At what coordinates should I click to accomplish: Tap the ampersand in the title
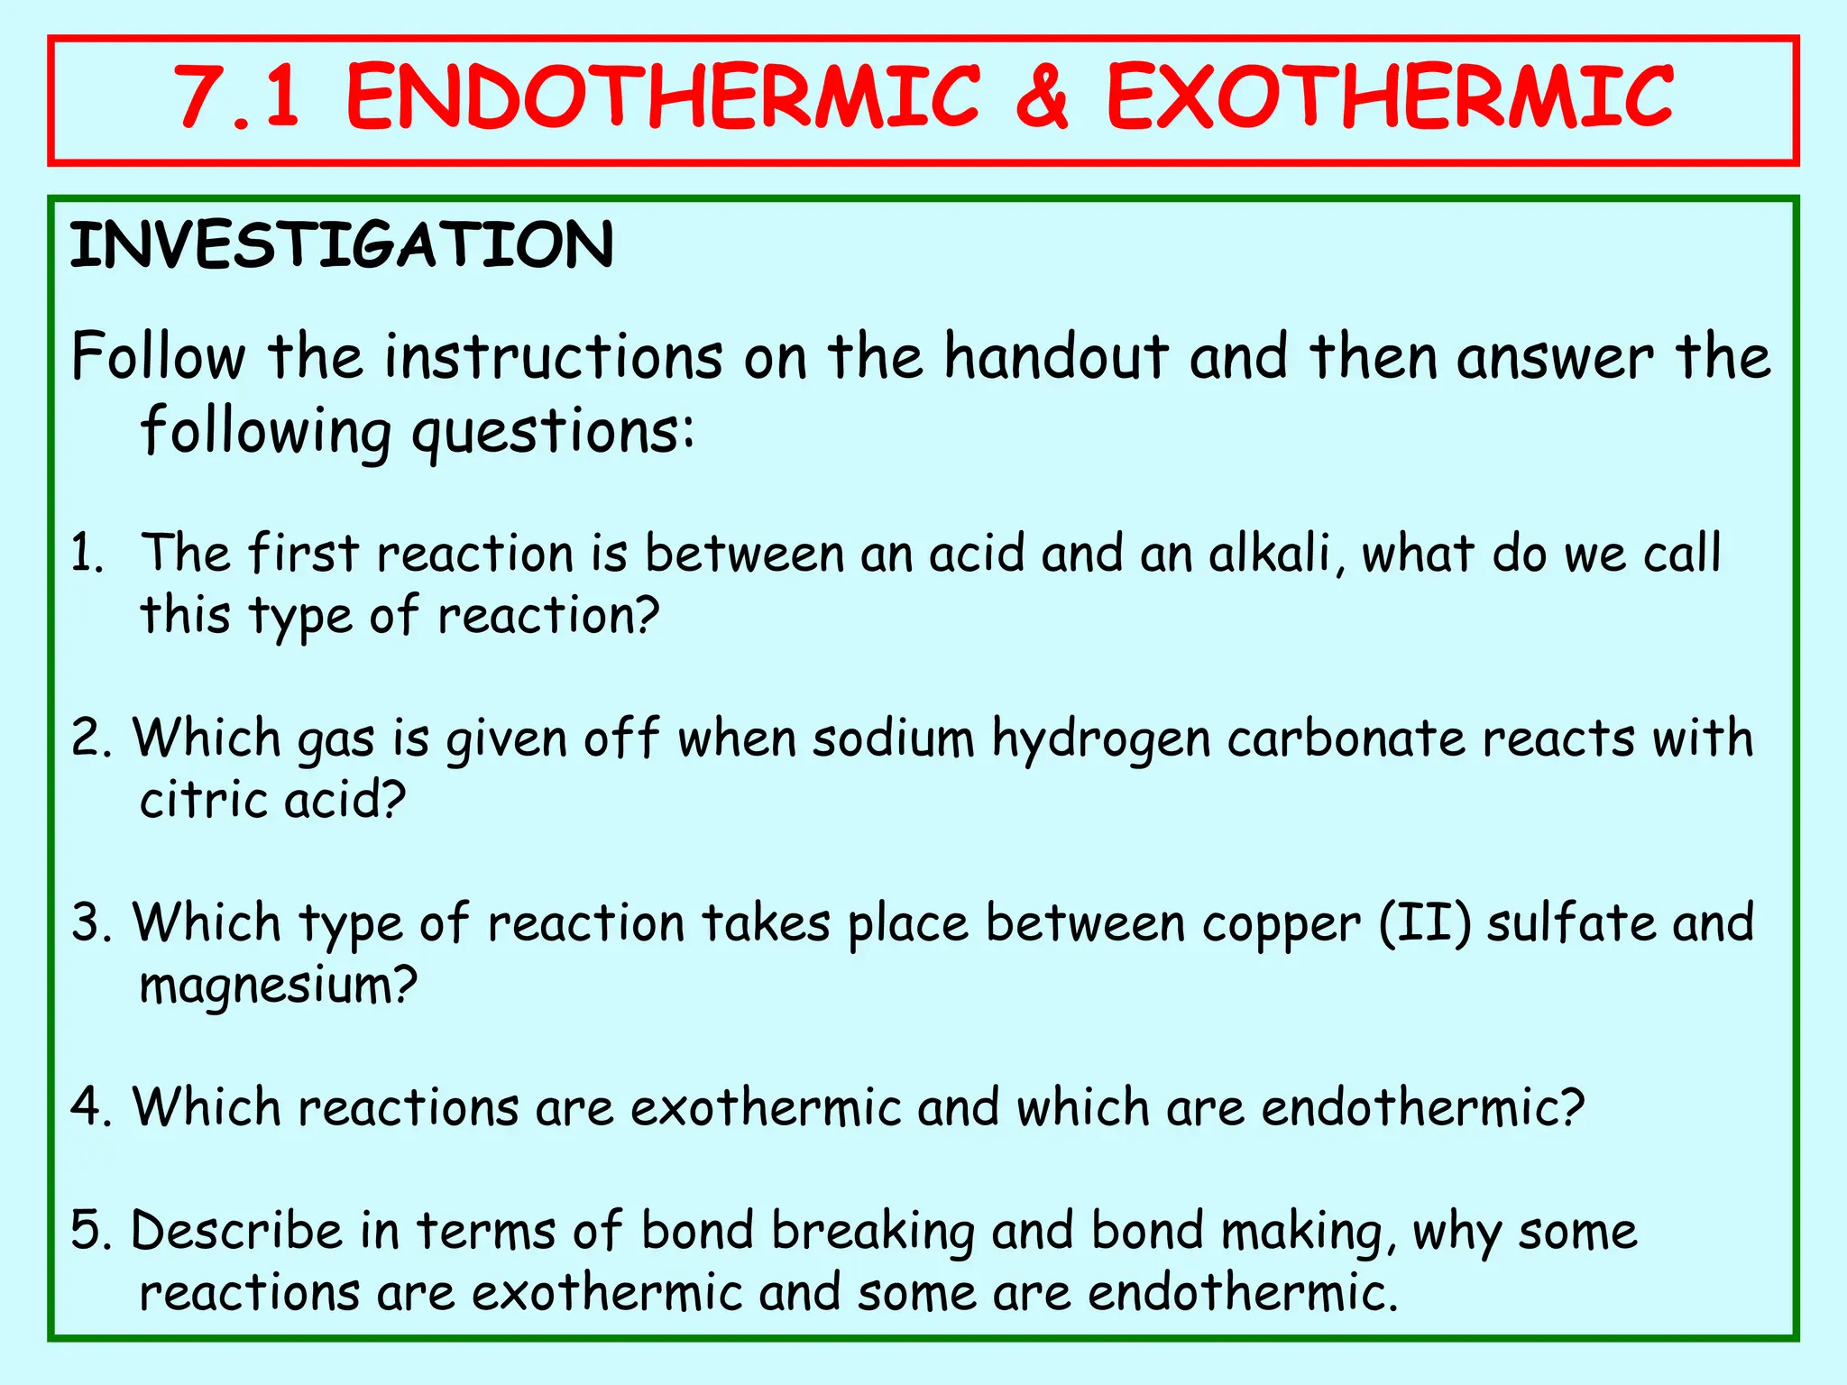[1042, 97]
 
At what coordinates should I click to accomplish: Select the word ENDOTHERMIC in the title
[663, 97]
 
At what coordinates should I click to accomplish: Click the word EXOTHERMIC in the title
[1390, 97]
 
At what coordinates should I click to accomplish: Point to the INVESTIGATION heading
[342, 245]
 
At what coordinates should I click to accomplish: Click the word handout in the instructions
[1056, 357]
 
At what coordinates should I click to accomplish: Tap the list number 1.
[87, 554]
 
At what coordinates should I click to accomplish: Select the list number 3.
[90, 923]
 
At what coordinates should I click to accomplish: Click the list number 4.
[90, 1107]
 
